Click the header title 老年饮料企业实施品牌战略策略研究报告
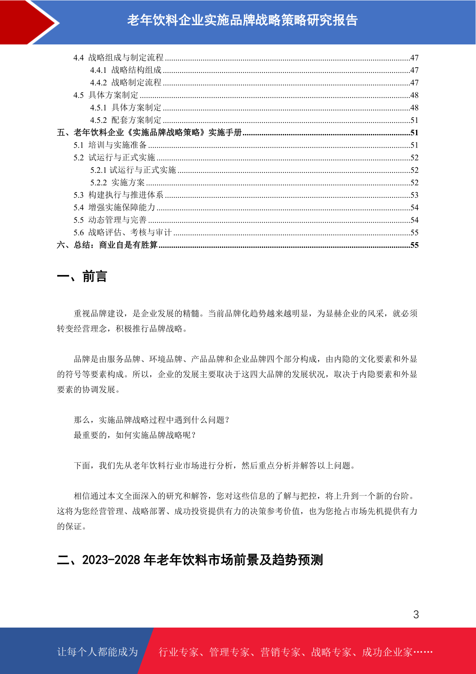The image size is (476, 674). [242, 20]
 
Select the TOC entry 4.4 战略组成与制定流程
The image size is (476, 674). [118, 58]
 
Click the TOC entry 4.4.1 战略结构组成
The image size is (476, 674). [126, 70]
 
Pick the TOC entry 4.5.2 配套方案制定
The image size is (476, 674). [126, 120]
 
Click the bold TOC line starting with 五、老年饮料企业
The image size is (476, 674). [149, 132]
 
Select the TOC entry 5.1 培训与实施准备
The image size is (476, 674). [110, 145]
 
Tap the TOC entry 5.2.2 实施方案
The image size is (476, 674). [118, 183]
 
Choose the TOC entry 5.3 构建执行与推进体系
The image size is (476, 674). [118, 195]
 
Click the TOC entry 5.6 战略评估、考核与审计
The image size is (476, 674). [122, 233]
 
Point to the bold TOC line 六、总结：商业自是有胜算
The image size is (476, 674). [107, 245]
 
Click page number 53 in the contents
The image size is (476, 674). [414, 195]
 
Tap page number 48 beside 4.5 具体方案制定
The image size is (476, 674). [414, 95]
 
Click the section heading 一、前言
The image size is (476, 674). [82, 277]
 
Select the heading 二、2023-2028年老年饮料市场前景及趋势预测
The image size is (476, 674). [190, 560]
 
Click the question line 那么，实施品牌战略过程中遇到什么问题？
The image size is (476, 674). [152, 420]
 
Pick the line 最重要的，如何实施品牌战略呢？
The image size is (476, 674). [135, 435]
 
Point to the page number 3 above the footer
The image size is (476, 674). [416, 614]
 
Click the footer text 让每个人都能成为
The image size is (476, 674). [98, 652]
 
